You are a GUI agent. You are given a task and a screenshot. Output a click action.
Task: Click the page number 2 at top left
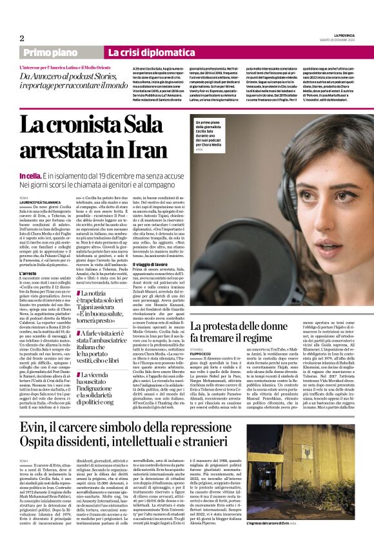click(x=22, y=38)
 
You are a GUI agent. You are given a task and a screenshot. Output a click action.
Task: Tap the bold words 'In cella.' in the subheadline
click(x=30, y=175)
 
